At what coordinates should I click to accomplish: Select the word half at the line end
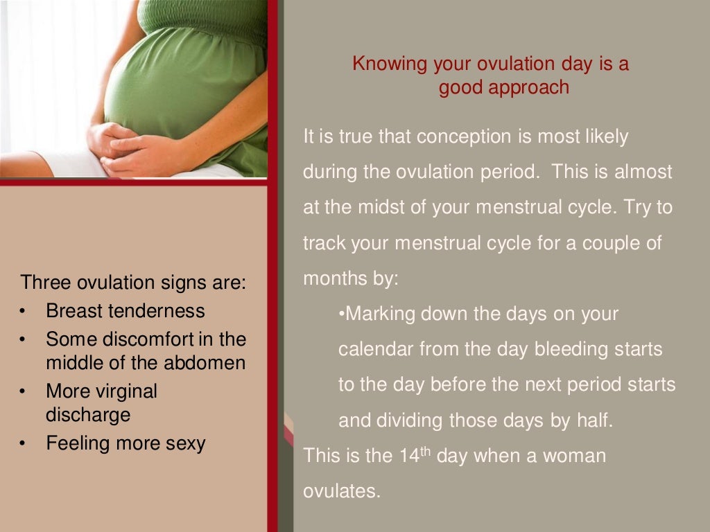pos(596,420)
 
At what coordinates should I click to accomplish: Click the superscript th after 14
pos(428,452)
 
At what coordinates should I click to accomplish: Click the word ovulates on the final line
pos(342,492)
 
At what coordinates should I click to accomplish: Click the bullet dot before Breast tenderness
pos(23,311)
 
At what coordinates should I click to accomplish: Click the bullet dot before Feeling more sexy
pos(23,443)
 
